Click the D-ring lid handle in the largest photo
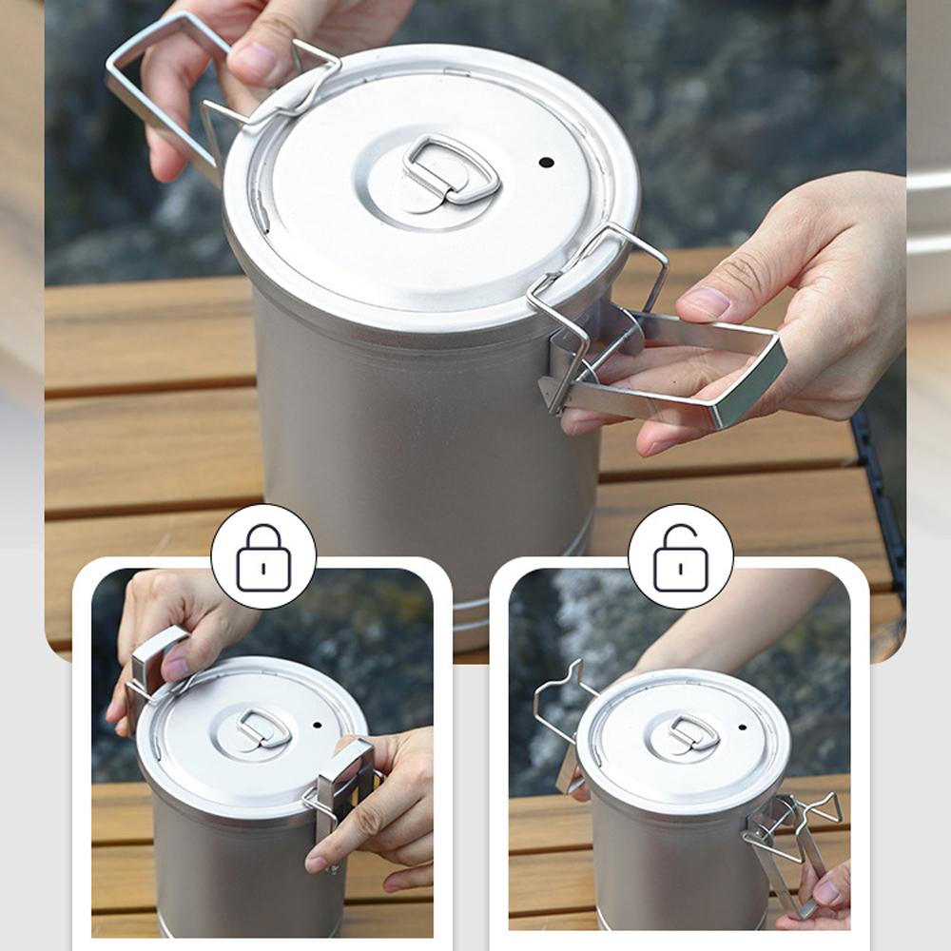pos(451,168)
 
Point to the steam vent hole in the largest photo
pos(546,162)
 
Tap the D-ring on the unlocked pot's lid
pos(693,732)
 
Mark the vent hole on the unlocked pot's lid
pos(742,728)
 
